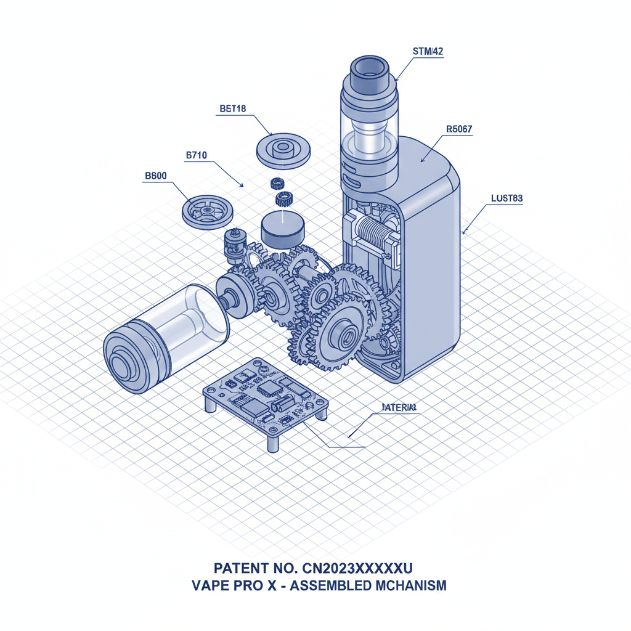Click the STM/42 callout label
tap(427, 52)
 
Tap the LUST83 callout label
tap(507, 198)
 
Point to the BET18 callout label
tap(232, 109)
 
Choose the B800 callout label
tap(155, 176)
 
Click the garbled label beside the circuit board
tap(399, 408)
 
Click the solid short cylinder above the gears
tap(283, 230)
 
